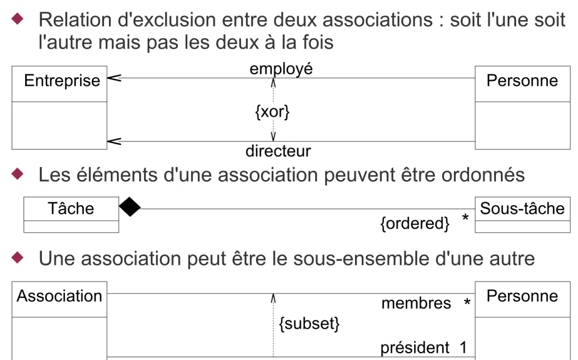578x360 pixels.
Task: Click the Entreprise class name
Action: tap(62, 80)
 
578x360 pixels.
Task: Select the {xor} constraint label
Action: tap(272, 112)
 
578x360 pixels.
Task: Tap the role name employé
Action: tap(281, 69)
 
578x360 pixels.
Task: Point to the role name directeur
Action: tap(278, 151)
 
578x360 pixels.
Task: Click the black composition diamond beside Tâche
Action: tap(130, 207)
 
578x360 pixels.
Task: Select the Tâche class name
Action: tap(71, 208)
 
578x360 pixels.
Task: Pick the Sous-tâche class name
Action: tap(522, 209)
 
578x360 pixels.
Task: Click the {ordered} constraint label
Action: tap(415, 223)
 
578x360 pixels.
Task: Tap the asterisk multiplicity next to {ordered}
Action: tap(465, 218)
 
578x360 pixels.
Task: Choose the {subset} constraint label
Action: tap(309, 324)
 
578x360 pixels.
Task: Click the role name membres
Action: tap(416, 304)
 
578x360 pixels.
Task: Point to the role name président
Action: tap(415, 348)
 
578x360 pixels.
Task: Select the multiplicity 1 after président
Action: tap(463, 348)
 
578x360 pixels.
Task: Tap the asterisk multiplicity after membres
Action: tap(467, 303)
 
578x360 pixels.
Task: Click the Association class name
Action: tap(59, 296)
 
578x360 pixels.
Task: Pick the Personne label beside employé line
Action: tap(522, 80)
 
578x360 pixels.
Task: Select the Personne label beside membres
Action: tap(522, 296)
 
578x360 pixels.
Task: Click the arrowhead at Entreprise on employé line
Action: tap(113, 78)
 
